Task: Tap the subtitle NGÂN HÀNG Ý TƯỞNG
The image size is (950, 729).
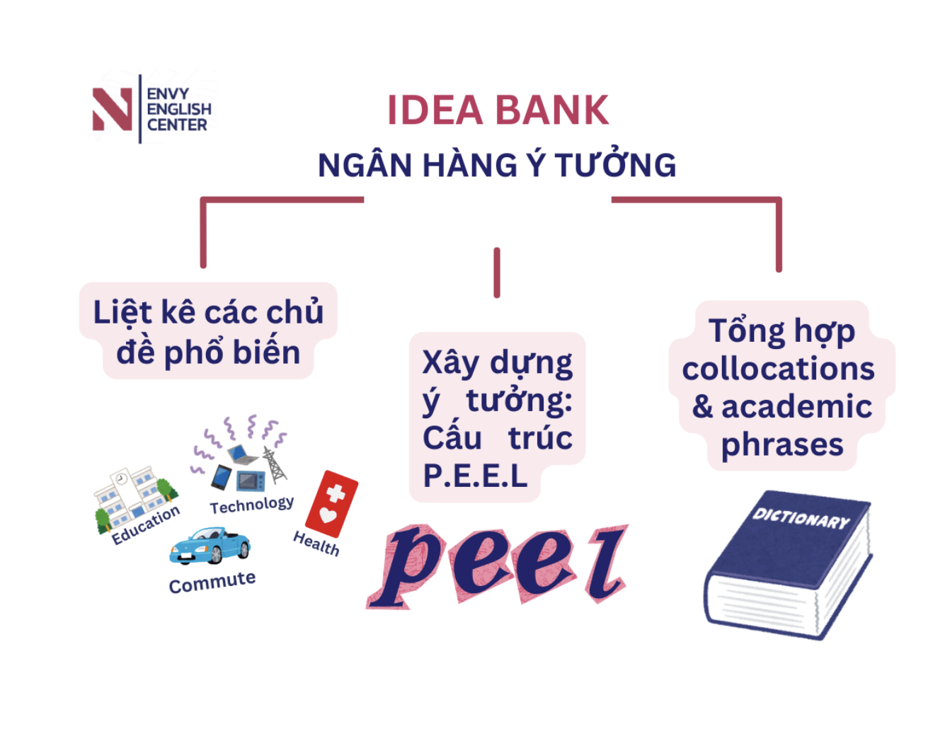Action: pyautogui.click(x=497, y=164)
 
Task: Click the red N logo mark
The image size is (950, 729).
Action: pyautogui.click(x=113, y=109)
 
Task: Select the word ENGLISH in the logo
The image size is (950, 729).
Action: pyautogui.click(x=179, y=109)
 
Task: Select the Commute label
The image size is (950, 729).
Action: pyautogui.click(x=212, y=582)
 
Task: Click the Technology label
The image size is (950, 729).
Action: pyautogui.click(x=252, y=505)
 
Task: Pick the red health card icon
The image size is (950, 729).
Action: pyautogui.click(x=331, y=503)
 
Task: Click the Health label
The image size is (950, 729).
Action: pyautogui.click(x=316, y=544)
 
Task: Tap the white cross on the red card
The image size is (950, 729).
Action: pyautogui.click(x=336, y=493)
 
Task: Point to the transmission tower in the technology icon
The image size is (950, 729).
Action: pyautogui.click(x=274, y=464)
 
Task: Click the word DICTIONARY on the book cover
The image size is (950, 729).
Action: pyautogui.click(x=801, y=518)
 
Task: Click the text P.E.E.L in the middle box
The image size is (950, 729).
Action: pyautogui.click(x=475, y=476)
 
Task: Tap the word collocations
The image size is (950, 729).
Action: pyautogui.click(x=779, y=369)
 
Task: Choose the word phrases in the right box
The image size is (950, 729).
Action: pyautogui.click(x=782, y=446)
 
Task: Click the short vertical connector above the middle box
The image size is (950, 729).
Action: pyautogui.click(x=497, y=272)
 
